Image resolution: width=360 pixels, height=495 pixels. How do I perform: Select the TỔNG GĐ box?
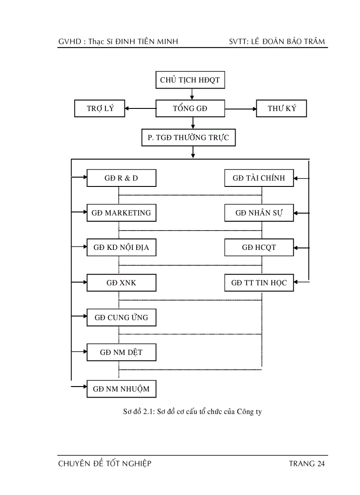click(x=190, y=108)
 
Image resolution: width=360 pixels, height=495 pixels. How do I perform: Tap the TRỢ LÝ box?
click(x=100, y=108)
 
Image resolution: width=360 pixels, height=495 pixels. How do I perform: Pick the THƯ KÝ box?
click(x=281, y=108)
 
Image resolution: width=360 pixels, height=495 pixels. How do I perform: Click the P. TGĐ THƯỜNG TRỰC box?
click(x=188, y=138)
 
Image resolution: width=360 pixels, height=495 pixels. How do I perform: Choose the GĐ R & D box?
click(x=121, y=178)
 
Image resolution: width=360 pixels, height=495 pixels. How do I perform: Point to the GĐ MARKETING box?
click(x=121, y=213)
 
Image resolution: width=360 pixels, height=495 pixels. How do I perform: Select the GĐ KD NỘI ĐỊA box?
click(x=121, y=248)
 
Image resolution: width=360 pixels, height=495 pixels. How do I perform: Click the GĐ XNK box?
click(x=121, y=283)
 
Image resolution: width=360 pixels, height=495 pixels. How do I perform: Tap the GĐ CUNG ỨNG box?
click(x=121, y=317)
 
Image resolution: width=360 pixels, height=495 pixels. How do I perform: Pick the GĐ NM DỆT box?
click(x=121, y=352)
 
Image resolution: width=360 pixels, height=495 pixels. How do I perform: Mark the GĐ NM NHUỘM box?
click(x=121, y=389)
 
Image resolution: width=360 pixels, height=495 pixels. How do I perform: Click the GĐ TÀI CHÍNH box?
click(x=259, y=178)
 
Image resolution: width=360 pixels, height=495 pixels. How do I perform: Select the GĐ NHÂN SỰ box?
click(x=259, y=213)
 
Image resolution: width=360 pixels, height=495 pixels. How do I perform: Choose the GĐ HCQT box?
click(x=259, y=248)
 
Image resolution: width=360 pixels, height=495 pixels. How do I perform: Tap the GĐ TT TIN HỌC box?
click(x=259, y=283)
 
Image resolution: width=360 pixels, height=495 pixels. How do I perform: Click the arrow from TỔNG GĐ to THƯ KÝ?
click(x=240, y=108)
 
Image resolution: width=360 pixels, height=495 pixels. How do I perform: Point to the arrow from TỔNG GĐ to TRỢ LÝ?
click(x=140, y=108)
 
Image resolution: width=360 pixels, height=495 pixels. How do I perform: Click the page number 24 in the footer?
click(x=321, y=464)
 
